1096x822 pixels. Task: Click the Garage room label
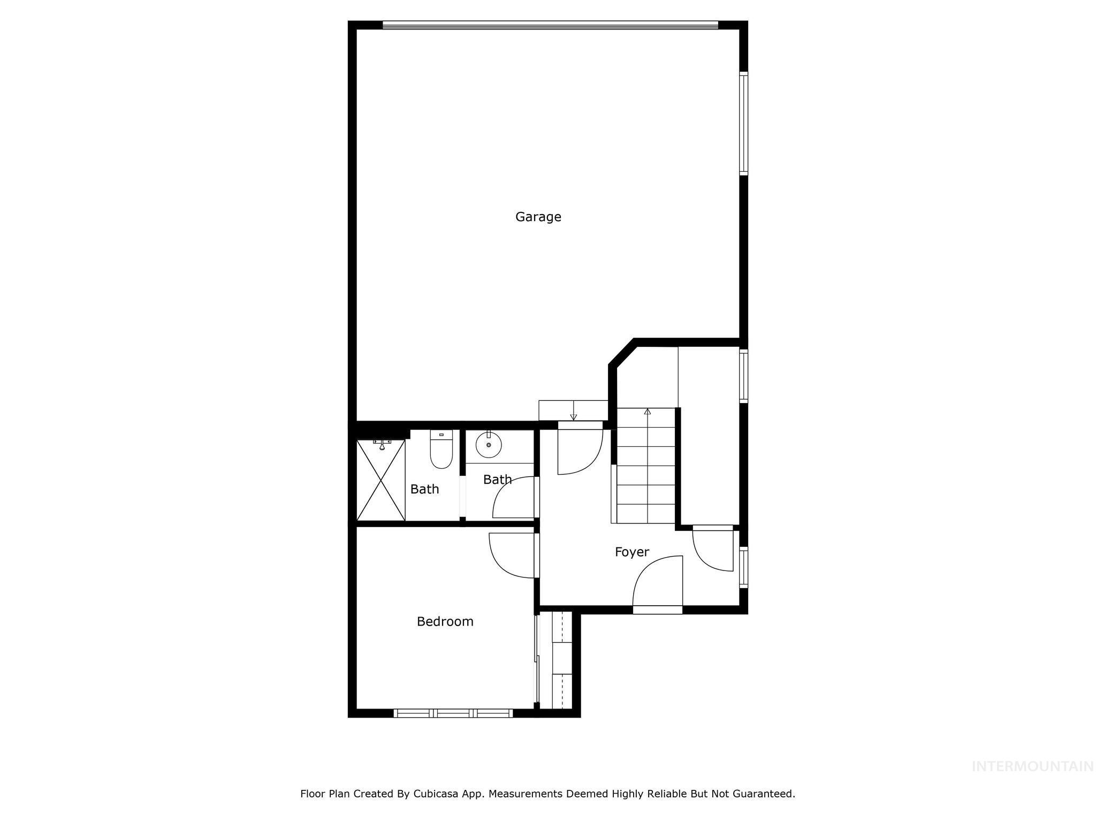(538, 217)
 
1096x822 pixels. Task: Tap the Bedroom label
(445, 621)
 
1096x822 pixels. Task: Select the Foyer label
(631, 552)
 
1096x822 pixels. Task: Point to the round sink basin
(488, 445)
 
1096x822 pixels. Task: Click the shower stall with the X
(380, 480)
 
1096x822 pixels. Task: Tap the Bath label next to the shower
(424, 489)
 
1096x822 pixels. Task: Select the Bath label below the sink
(497, 479)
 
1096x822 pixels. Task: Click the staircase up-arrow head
(648, 411)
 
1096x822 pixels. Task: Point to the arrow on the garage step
(573, 416)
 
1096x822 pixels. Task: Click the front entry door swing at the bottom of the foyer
(658, 583)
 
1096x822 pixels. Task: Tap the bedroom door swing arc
(511, 557)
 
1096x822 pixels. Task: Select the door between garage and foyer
(580, 450)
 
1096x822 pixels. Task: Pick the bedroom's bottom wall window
(453, 713)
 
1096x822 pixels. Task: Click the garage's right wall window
(743, 123)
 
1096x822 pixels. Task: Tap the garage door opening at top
(550, 25)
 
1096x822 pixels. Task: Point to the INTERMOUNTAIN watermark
(1032, 766)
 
